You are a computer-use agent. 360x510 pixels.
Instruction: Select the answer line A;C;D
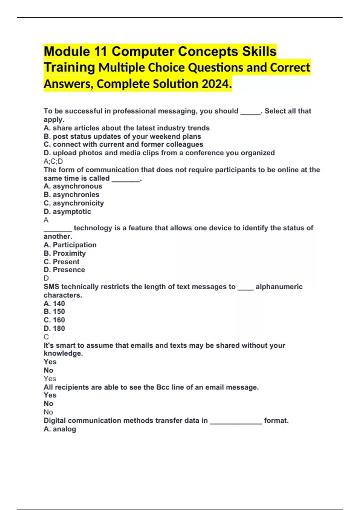click(53, 161)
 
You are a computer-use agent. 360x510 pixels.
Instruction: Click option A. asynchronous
click(73, 186)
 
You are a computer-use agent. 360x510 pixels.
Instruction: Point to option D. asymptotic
click(67, 211)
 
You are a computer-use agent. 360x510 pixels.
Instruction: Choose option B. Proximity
click(64, 253)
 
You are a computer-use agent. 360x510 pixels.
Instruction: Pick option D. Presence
click(64, 270)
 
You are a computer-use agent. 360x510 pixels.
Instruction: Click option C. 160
click(54, 320)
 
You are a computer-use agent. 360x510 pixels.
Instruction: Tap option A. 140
click(54, 304)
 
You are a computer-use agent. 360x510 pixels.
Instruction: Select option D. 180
click(54, 328)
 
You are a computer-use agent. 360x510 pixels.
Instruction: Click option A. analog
click(60, 429)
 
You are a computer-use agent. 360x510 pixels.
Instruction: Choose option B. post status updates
click(122, 136)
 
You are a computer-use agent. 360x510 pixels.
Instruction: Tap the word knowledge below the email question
click(63, 354)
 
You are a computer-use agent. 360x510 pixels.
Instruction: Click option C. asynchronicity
click(74, 203)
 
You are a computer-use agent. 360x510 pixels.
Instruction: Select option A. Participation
click(70, 245)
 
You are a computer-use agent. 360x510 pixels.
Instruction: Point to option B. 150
click(54, 312)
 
